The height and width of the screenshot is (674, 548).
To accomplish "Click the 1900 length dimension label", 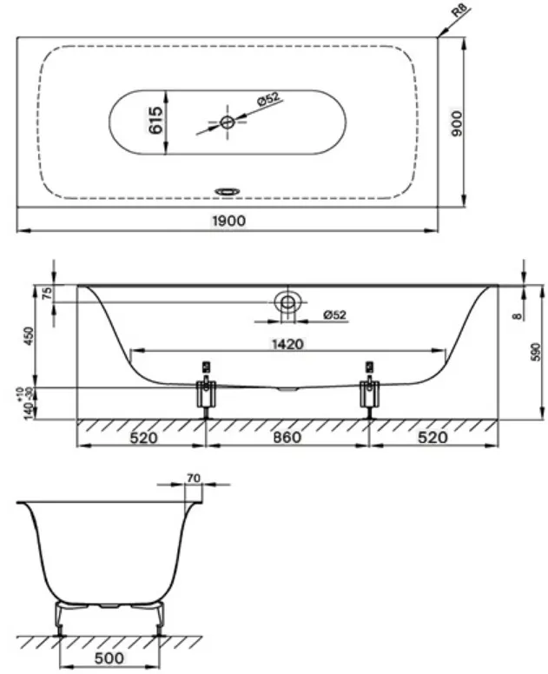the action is [229, 221].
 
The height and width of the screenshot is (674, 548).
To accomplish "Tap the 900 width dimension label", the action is [457, 123].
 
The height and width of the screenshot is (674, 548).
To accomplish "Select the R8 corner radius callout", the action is [461, 10].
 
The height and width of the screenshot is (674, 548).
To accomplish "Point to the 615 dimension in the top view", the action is [155, 121].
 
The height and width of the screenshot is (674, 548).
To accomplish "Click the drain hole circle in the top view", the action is [227, 122].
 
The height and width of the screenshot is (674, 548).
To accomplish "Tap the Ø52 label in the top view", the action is [268, 99].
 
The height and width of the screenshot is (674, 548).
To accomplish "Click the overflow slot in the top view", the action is [228, 191].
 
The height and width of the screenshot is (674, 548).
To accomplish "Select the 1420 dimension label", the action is [287, 344].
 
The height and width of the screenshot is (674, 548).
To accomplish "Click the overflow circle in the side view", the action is [287, 302].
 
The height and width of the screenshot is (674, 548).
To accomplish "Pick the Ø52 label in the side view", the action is [335, 315].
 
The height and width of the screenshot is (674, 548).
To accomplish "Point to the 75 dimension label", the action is [48, 294].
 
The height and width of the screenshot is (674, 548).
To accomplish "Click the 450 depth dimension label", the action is [29, 337].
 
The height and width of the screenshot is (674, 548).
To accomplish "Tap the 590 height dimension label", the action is [535, 352].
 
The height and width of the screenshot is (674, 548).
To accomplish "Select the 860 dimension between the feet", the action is [287, 438].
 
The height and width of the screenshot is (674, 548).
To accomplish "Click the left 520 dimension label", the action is [143, 438].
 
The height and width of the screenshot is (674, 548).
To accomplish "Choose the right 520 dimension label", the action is [432, 438].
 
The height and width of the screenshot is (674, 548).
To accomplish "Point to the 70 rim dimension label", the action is [194, 478].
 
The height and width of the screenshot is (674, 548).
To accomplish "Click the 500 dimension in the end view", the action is [109, 658].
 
